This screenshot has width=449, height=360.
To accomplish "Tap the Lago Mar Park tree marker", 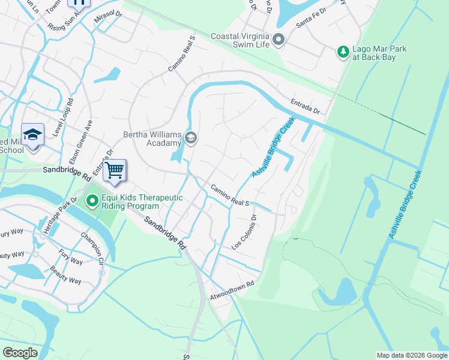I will pos(343,52).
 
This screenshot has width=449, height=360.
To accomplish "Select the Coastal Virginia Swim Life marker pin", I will pos(278,40).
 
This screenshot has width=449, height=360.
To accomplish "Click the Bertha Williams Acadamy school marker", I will pos(191,139).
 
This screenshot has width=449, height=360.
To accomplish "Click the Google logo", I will pos(20,353).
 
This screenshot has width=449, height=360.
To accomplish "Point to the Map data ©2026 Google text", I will pos(412,355).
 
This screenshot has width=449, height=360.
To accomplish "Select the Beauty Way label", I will pos(65,275).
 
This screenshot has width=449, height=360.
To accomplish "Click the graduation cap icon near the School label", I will pos(32,136).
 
